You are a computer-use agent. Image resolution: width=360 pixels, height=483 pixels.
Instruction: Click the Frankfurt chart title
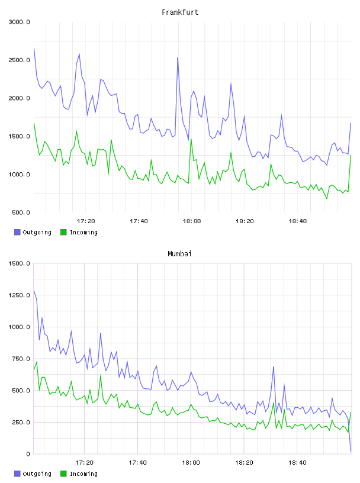pos(180,12)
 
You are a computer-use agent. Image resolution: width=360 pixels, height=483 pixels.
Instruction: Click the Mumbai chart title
pos(179,254)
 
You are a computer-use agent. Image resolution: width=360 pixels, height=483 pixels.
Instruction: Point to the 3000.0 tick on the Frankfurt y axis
pos(19,22)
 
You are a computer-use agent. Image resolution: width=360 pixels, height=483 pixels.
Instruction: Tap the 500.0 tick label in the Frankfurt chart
pos(21,212)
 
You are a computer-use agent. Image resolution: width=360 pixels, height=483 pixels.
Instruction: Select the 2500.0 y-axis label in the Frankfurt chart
pos(19,60)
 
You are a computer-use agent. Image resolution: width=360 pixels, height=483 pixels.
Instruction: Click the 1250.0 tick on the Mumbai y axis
pos(19,295)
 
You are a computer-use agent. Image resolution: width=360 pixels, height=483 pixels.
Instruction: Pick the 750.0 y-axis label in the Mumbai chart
pos(21,359)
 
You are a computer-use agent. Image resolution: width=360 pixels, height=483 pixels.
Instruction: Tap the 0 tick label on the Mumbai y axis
pos(28,454)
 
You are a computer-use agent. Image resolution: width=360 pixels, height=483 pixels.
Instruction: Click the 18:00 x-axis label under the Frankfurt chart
pos(192,221)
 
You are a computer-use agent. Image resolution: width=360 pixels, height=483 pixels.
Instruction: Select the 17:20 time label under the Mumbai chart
pos(85,463)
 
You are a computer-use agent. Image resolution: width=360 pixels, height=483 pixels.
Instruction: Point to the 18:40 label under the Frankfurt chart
pos(297,221)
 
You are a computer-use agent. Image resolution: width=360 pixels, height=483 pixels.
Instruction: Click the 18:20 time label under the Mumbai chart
pos(244,463)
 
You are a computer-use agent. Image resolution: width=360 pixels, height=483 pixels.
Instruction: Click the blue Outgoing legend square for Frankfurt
pos(17,232)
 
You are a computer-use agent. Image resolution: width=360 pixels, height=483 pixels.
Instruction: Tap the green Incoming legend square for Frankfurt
pos(63,232)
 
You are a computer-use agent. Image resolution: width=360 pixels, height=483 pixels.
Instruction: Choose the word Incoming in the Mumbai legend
pos(83,474)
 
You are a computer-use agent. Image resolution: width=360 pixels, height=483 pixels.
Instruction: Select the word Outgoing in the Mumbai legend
pos(37,474)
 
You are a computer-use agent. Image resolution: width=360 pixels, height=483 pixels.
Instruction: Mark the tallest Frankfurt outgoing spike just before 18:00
pos(178,57)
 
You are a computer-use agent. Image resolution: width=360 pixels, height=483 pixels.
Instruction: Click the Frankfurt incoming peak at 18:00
pos(191,139)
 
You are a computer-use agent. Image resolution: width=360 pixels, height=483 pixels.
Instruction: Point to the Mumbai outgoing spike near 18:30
pos(274,367)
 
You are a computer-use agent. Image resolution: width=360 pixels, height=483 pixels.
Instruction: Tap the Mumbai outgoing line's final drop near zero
pos(351,451)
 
